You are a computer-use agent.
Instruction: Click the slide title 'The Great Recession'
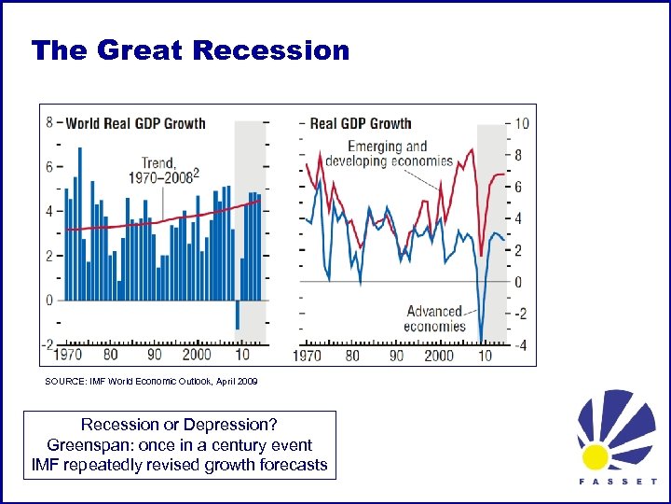point(190,50)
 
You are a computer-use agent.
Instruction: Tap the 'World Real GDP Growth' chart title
point(135,123)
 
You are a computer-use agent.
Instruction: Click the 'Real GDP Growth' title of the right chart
point(360,123)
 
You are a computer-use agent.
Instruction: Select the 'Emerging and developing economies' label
point(388,153)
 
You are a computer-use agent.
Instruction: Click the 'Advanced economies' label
point(434,318)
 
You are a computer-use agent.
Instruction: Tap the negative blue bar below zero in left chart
point(238,315)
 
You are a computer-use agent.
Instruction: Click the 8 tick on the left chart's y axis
point(48,122)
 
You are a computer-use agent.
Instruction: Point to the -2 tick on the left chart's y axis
point(48,343)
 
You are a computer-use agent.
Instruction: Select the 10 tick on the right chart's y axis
point(522,123)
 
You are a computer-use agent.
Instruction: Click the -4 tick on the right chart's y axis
point(521,345)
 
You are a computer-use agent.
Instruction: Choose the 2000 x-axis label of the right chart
point(438,356)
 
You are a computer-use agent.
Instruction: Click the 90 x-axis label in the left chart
point(154,356)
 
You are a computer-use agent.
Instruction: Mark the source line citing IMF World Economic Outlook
point(151,382)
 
